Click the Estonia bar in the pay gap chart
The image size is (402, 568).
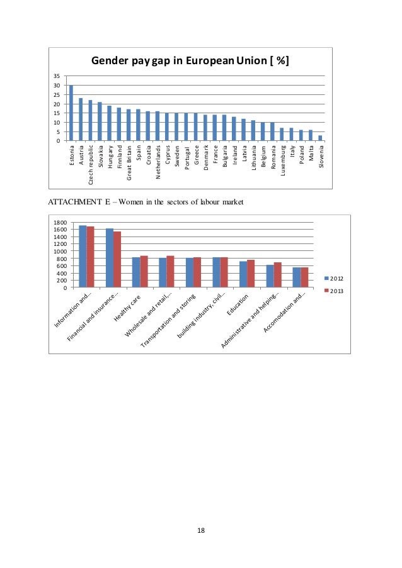coord(71,113)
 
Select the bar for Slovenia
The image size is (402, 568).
coord(320,138)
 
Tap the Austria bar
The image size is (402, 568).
coord(81,119)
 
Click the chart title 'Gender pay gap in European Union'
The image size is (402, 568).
coord(190,61)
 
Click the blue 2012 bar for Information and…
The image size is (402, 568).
coord(83,257)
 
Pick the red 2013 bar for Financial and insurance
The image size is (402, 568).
coord(117,260)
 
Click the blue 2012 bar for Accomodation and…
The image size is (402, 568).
coord(296,277)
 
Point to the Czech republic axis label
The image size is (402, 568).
coord(91,164)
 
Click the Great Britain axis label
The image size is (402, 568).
coord(129,162)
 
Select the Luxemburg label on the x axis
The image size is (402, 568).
coord(282,160)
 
